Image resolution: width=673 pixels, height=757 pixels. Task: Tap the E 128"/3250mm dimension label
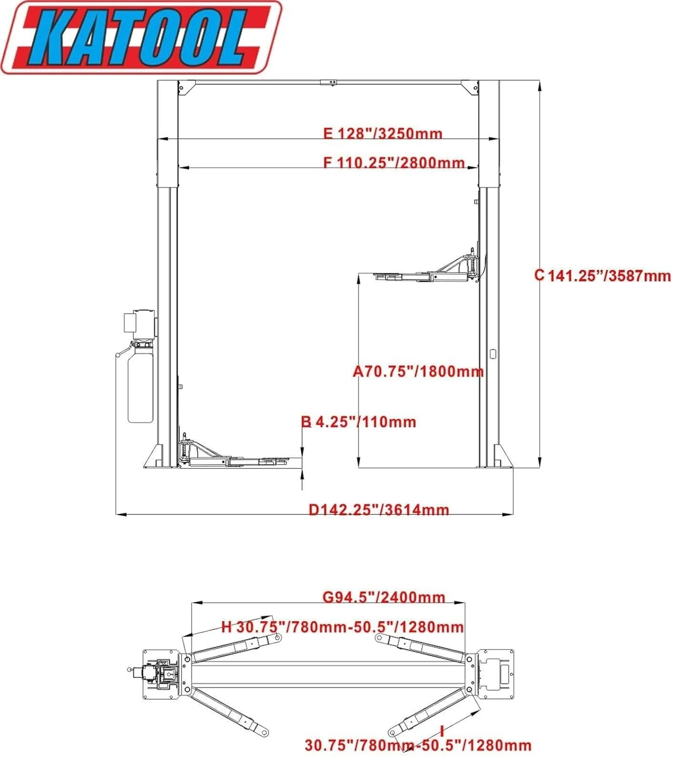[x=382, y=134]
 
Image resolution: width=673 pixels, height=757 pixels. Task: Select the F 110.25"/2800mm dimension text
[x=394, y=163]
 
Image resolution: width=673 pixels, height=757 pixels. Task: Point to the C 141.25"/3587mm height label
[x=603, y=276]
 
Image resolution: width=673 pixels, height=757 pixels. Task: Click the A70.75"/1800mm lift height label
[x=418, y=372]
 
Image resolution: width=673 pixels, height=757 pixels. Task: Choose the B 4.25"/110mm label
[x=359, y=422]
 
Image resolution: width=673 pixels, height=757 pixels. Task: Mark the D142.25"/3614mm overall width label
[x=378, y=510]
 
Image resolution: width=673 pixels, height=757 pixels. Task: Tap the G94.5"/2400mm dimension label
[x=383, y=598]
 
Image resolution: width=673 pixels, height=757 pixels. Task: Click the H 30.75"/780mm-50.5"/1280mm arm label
[x=343, y=627]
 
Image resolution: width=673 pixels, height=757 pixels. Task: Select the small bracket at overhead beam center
[x=328, y=82]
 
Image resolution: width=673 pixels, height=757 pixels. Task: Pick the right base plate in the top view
[x=495, y=674]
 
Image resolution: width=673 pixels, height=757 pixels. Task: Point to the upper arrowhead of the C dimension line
[x=540, y=86]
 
